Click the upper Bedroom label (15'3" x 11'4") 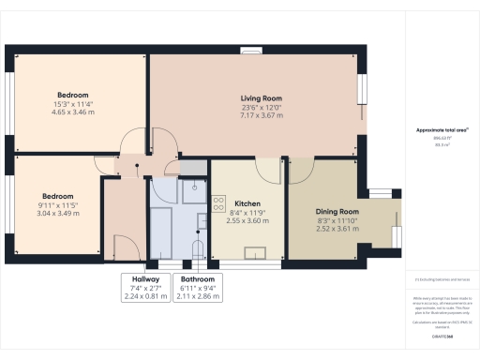tap(72, 96)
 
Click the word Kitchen tap(247, 203)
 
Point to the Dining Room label tap(337, 212)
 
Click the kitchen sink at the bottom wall tap(254, 250)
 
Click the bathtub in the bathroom tap(161, 231)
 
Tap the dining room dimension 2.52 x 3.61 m tap(337, 229)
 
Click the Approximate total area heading tap(441, 129)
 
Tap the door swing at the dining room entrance tap(301, 172)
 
